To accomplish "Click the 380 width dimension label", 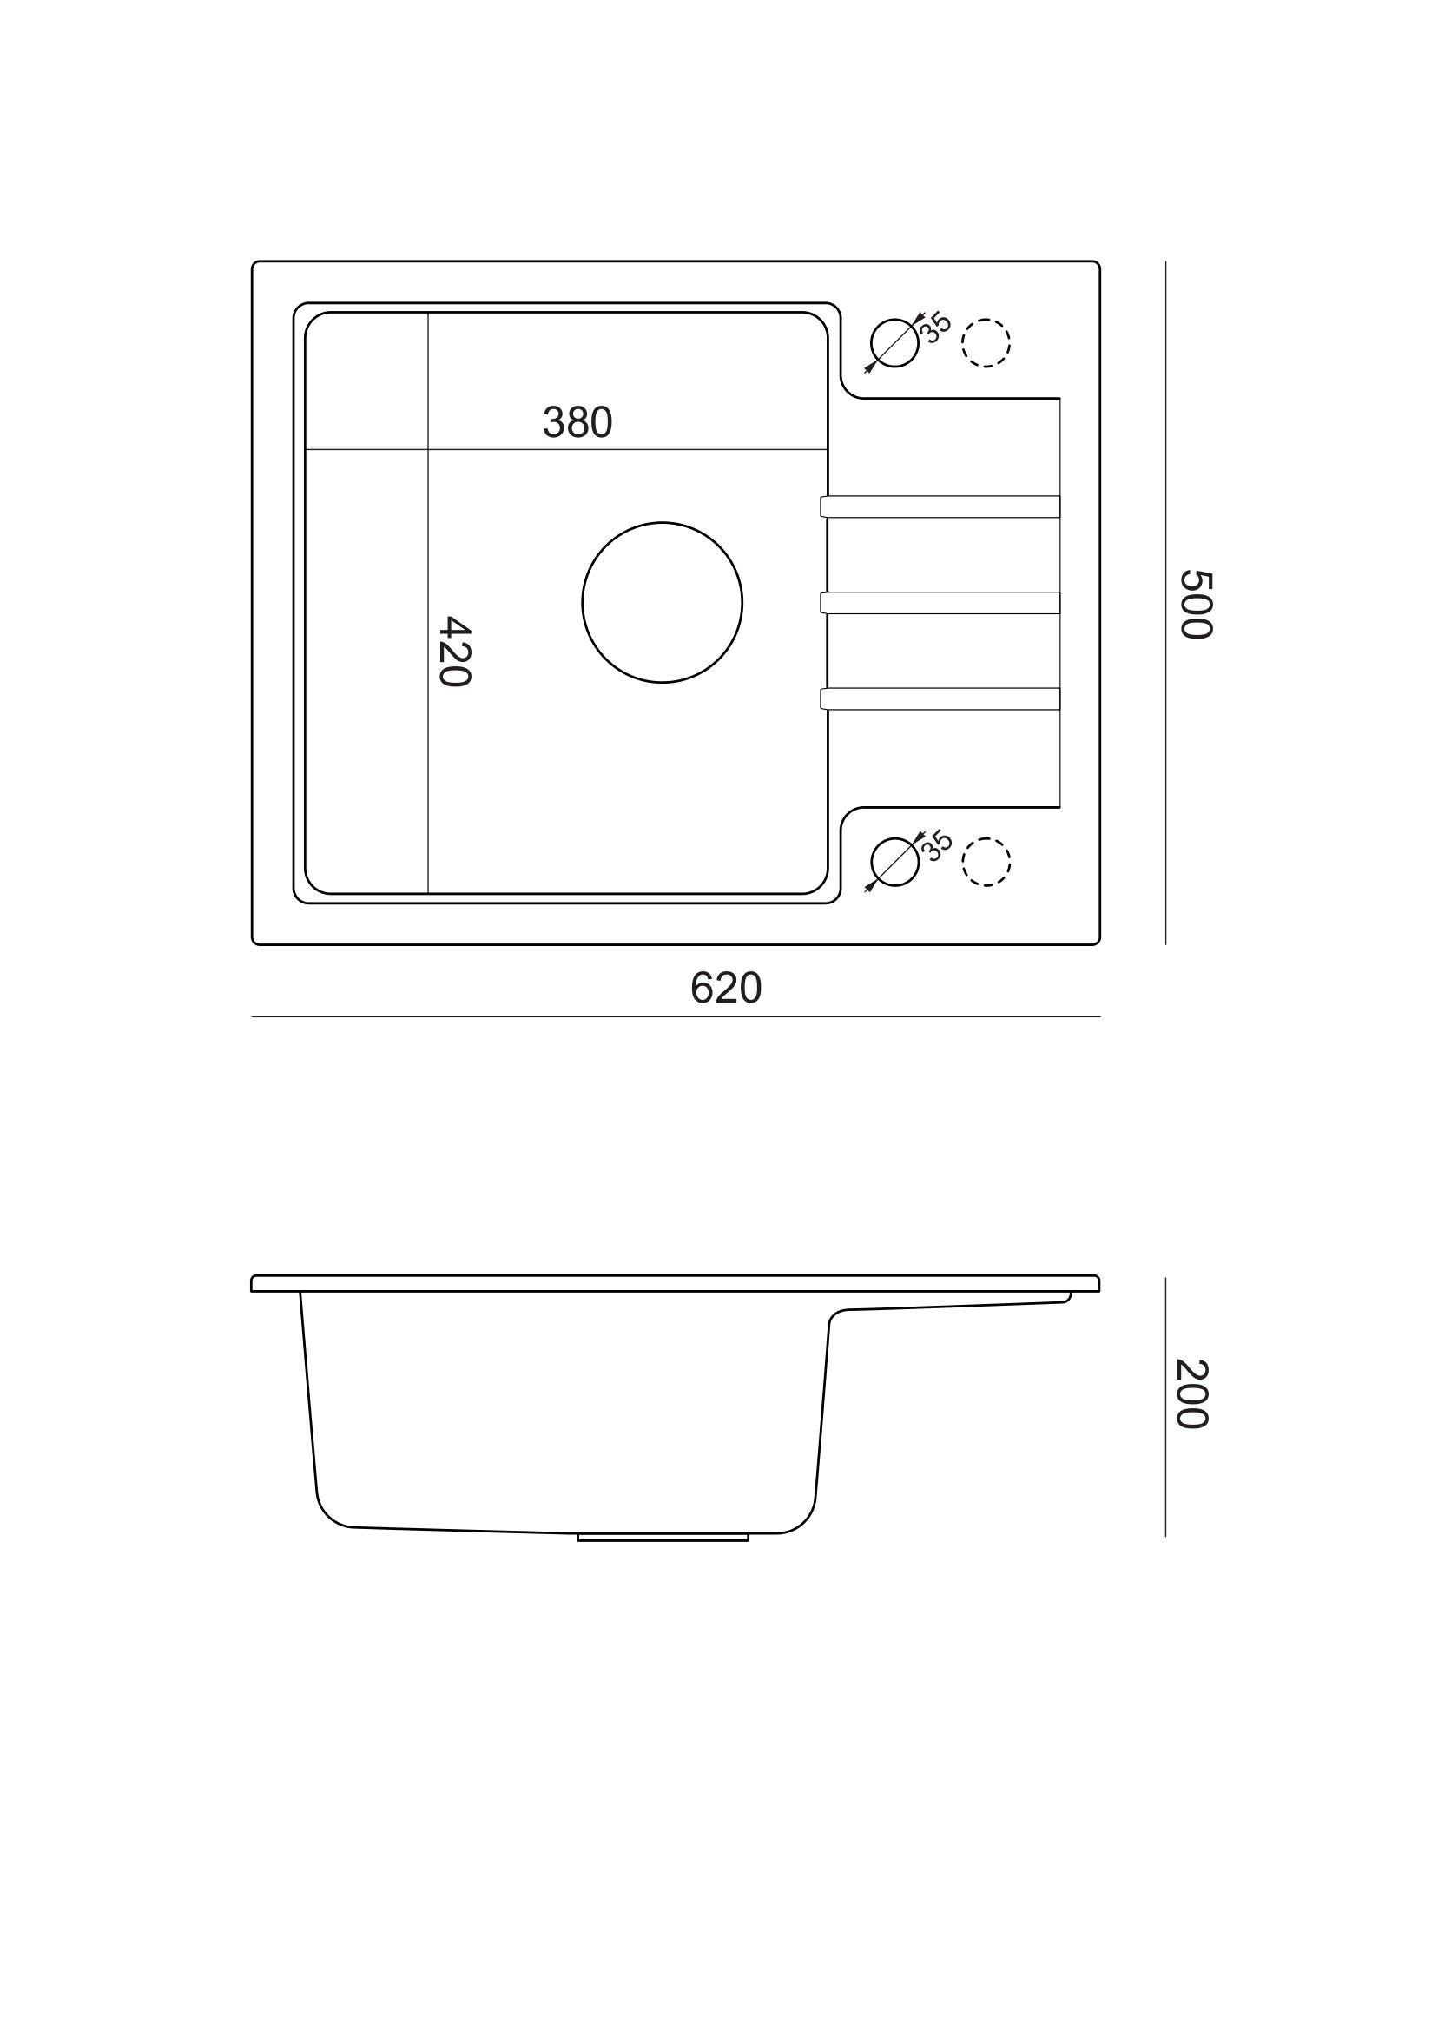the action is pyautogui.click(x=577, y=422).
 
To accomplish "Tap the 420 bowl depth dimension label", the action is pyautogui.click(x=455, y=651).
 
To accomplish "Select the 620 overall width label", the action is pyautogui.click(x=726, y=989).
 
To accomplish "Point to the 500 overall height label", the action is pyautogui.click(x=1196, y=604).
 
